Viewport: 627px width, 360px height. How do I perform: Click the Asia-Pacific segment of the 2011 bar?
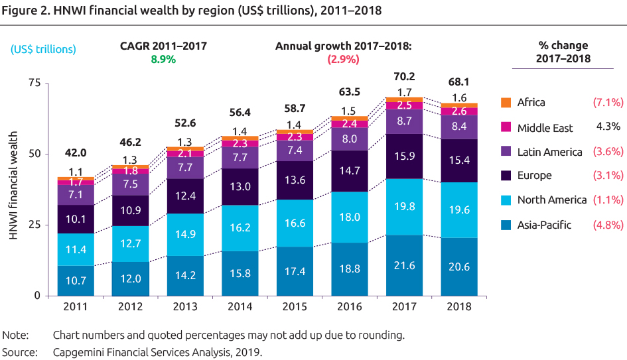point(75,280)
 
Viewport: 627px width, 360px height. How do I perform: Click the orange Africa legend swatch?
point(506,102)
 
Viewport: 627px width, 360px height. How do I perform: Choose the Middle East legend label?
point(545,127)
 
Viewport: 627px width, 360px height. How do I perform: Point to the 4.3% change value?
point(608,127)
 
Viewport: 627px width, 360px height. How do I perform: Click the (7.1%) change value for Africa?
point(608,102)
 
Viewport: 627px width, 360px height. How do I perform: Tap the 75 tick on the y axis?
point(34,83)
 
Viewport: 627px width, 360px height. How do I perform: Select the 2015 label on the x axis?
point(294,306)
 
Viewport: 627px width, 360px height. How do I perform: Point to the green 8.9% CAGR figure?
point(163,59)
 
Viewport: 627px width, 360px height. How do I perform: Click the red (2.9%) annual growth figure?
point(343,59)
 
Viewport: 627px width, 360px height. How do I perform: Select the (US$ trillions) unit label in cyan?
point(43,48)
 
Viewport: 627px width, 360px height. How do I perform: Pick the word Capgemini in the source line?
point(80,352)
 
